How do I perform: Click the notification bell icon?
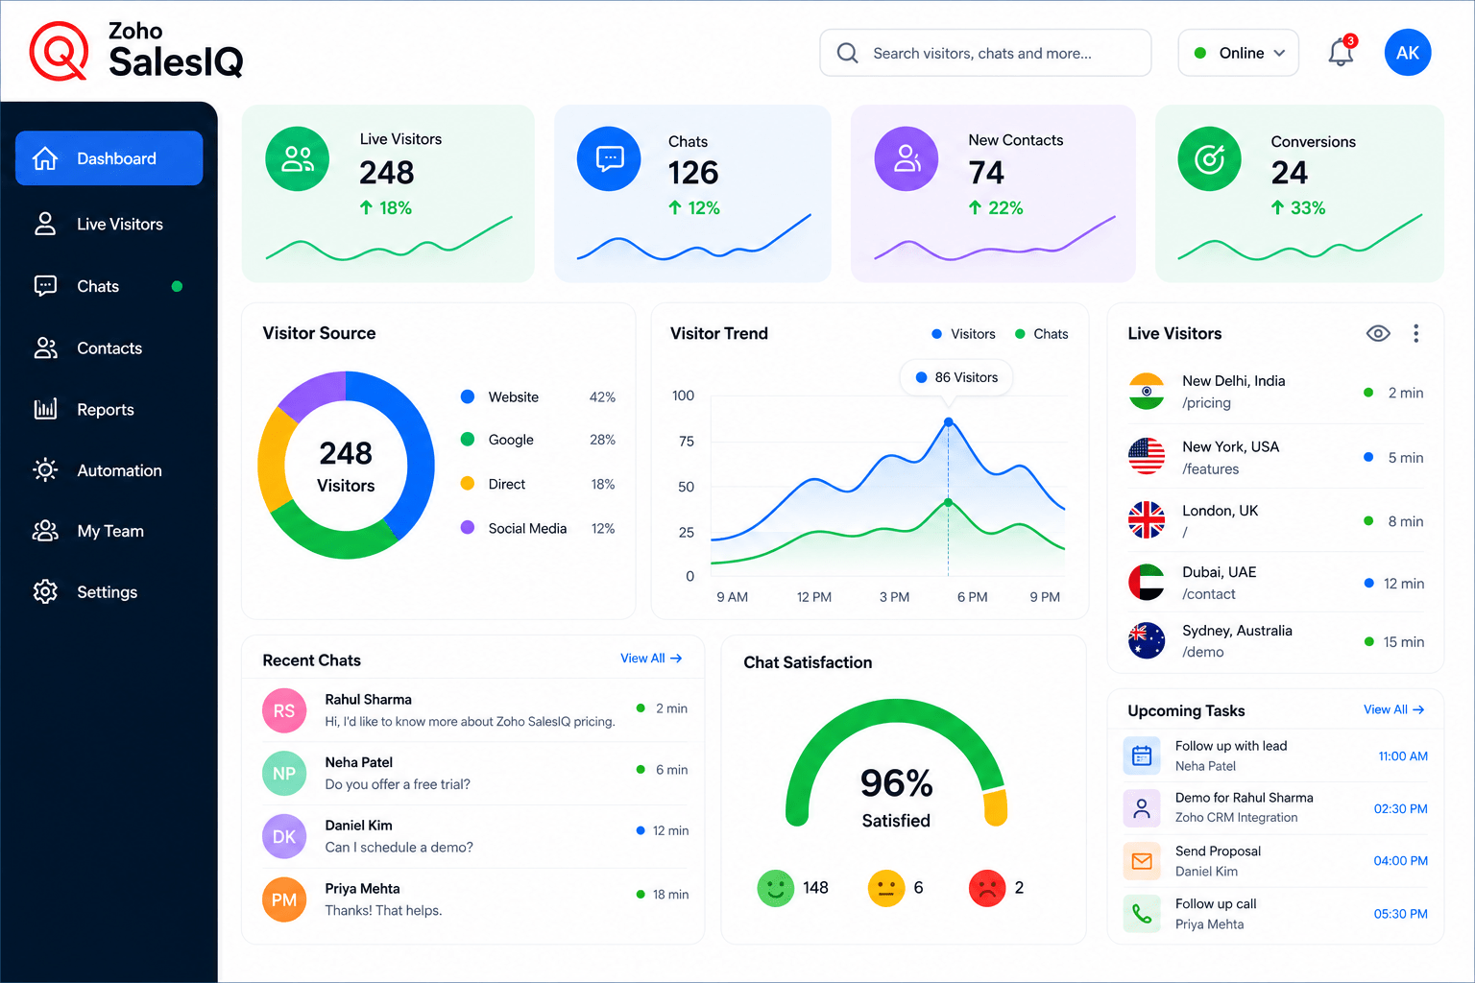click(1341, 52)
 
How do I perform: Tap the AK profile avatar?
click(1407, 53)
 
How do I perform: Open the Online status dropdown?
click(1238, 53)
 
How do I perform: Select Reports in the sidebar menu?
click(106, 410)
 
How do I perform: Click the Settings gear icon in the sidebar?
click(45, 592)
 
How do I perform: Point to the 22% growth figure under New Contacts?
click(995, 208)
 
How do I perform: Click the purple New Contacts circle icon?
click(907, 158)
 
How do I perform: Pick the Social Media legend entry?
click(527, 528)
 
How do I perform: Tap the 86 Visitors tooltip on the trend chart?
click(956, 377)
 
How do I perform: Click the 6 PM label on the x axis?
click(972, 597)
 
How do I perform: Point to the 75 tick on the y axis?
click(687, 442)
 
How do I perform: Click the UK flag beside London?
click(1147, 520)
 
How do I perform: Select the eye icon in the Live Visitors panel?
click(1378, 333)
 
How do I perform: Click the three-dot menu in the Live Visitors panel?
click(1415, 333)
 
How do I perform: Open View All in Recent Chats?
click(650, 659)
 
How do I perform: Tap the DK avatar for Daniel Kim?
click(284, 836)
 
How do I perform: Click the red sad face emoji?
click(986, 888)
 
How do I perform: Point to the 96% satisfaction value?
click(896, 783)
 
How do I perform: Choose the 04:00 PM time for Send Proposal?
click(1400, 860)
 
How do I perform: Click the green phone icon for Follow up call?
click(1142, 914)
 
